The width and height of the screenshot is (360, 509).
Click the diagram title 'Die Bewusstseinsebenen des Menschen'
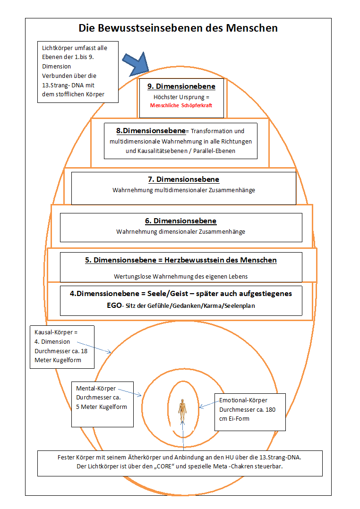point(178,28)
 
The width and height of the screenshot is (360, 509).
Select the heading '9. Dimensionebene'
point(181,87)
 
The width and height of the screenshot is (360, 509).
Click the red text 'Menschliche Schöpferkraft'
point(181,106)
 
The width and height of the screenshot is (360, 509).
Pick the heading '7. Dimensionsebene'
point(183,180)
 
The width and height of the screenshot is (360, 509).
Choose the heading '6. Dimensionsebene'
point(180,221)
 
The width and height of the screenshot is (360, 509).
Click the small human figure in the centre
point(182,407)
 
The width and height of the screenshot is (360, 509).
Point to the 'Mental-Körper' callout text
point(96,389)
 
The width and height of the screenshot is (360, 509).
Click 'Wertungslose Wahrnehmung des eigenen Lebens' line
point(181,276)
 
